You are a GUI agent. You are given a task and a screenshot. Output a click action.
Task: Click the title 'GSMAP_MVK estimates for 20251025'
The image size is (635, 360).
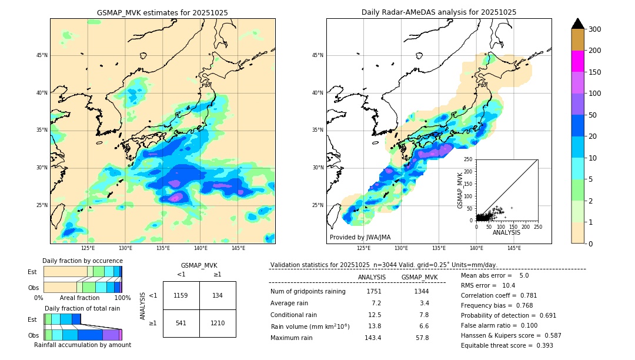point(162,12)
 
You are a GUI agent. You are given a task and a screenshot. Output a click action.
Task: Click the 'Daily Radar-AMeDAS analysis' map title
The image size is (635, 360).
point(439,12)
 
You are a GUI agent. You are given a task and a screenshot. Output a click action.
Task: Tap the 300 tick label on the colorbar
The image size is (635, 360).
point(596,29)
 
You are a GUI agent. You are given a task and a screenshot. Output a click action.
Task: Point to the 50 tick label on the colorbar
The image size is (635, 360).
point(593,115)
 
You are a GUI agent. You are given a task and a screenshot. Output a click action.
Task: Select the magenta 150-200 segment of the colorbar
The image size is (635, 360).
point(578,61)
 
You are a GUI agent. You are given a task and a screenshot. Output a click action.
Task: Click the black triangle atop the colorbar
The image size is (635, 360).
point(578,24)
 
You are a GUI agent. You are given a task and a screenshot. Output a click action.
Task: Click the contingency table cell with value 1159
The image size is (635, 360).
point(181,295)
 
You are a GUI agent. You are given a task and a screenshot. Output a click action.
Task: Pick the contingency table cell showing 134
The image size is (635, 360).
point(218,295)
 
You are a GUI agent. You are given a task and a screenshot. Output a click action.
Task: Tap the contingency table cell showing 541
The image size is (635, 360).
point(181,323)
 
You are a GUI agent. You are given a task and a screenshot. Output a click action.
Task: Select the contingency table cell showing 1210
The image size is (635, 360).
point(218,323)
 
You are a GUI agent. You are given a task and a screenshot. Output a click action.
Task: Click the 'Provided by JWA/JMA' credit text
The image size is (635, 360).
point(360,238)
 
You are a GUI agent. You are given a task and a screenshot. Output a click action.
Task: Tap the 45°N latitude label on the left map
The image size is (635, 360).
point(42,55)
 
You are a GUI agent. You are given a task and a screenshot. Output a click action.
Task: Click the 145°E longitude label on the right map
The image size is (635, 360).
point(514,248)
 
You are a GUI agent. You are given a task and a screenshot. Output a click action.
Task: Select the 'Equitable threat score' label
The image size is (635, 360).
point(497,345)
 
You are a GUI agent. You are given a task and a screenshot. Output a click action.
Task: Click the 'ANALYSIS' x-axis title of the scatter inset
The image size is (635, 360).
point(506,232)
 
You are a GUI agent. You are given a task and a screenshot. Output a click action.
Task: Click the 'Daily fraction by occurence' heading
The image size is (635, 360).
point(82,261)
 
